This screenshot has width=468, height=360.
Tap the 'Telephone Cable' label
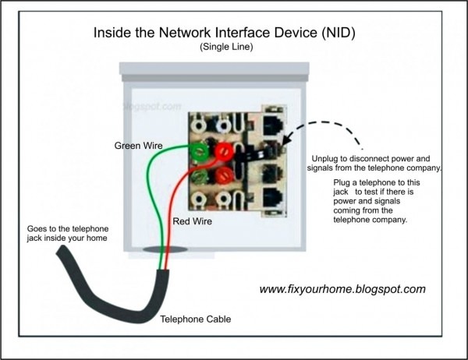click(x=194, y=319)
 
